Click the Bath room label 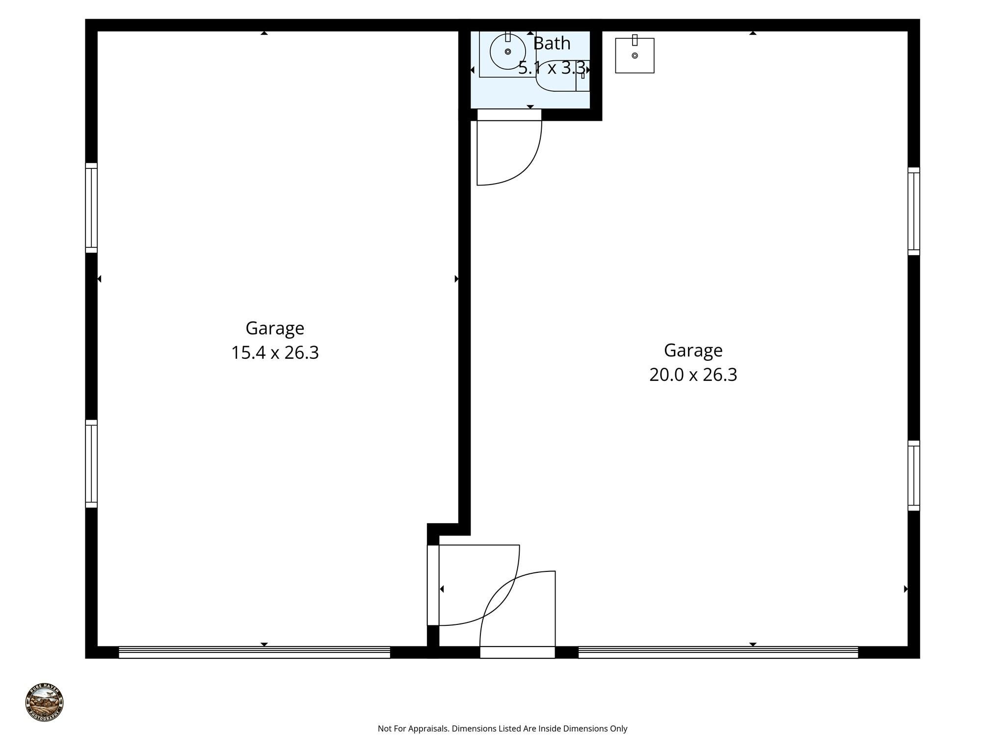point(552,44)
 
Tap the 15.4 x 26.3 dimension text point(275,352)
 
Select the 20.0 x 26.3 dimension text point(693,375)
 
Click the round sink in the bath point(507,52)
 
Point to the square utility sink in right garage point(635,55)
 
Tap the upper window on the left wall point(91,208)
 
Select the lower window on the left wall point(91,463)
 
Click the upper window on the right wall point(913,211)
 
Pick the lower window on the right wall point(913,475)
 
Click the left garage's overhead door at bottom point(254,652)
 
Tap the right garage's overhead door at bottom point(718,652)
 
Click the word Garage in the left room point(275,328)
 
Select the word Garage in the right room point(693,350)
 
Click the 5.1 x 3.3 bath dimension point(552,68)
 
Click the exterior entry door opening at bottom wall point(517,652)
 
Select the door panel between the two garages point(433,585)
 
